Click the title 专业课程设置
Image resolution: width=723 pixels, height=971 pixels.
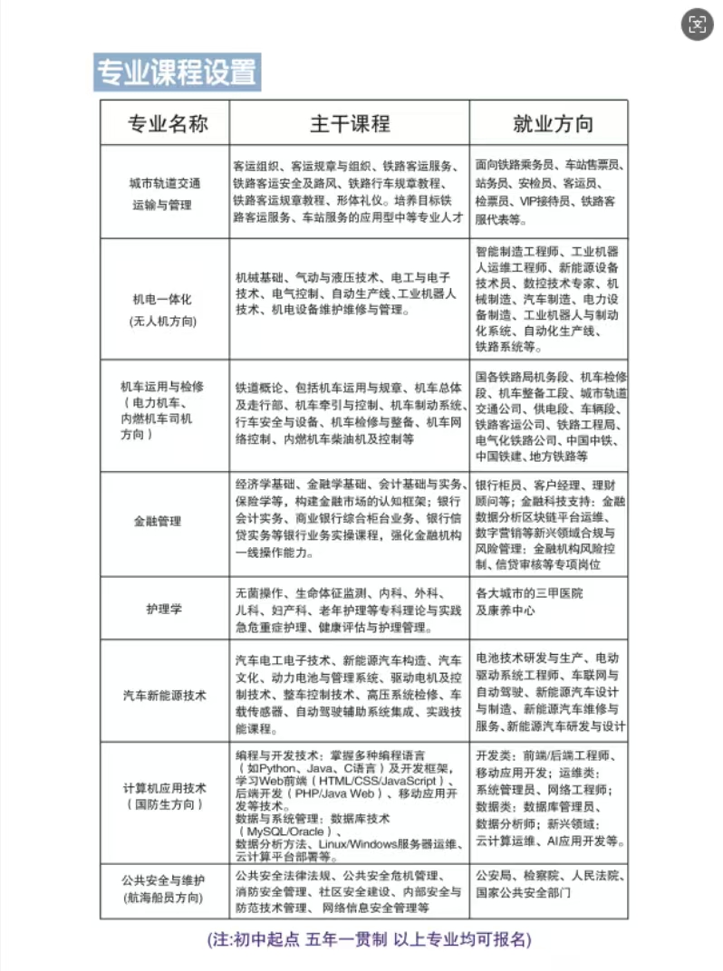[x=177, y=72]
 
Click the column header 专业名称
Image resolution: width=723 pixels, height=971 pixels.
[x=167, y=123]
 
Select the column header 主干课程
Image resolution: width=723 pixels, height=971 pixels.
[x=349, y=123]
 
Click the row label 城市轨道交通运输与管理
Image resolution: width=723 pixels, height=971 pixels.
[x=164, y=193]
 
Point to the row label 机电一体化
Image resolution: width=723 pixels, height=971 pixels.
[x=164, y=299]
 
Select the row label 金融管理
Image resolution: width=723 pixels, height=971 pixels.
[x=157, y=521]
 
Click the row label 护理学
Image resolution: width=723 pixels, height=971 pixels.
[x=164, y=609]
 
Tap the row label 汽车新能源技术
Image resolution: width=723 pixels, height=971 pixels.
[x=164, y=695]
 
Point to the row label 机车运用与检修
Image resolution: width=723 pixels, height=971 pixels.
[x=162, y=386]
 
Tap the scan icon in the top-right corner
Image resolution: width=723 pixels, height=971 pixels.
[x=697, y=25]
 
